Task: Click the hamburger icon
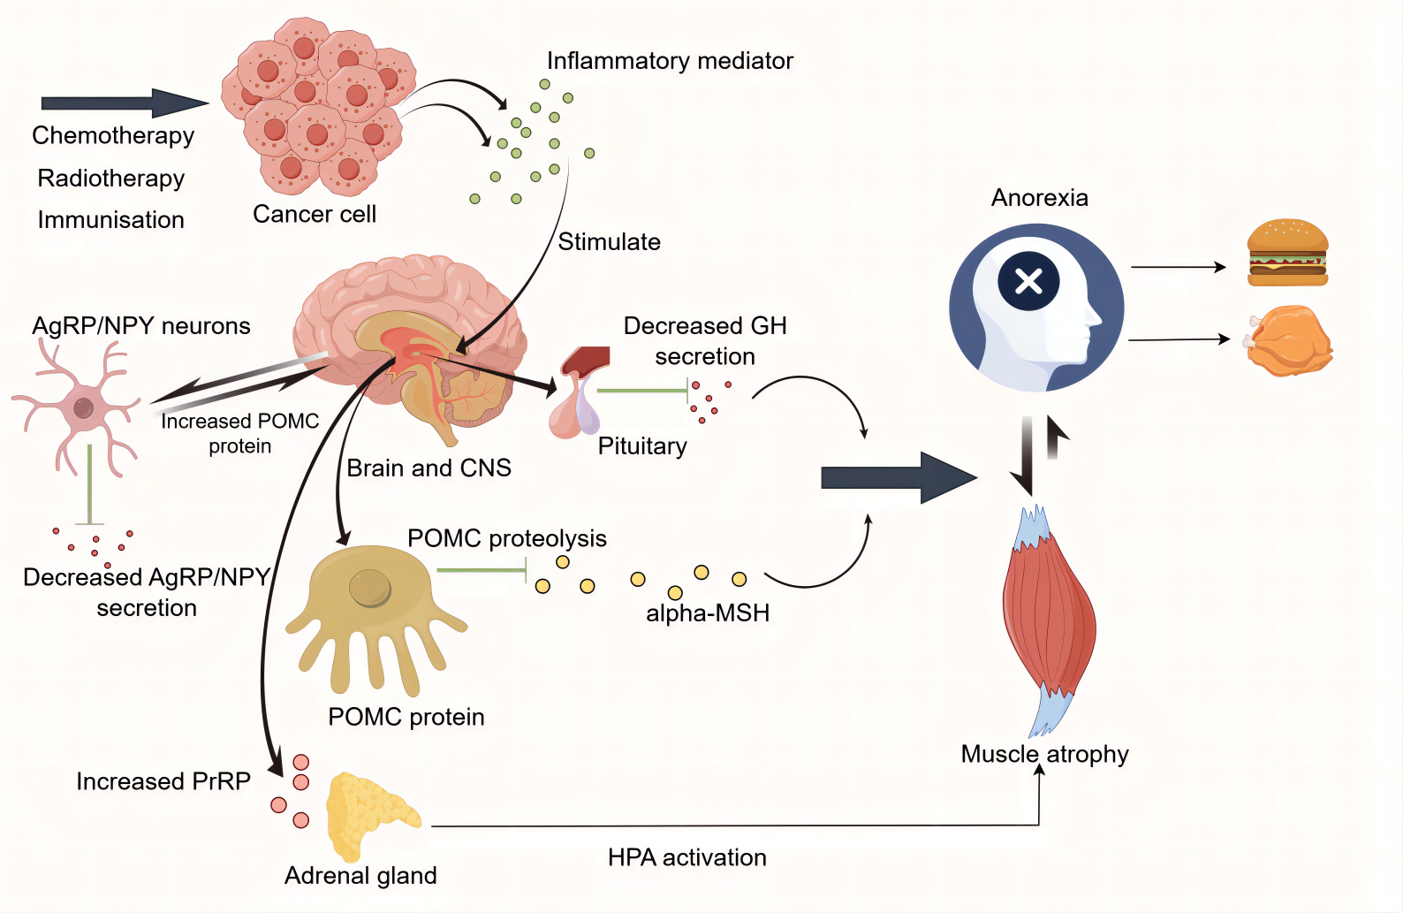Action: [x=1287, y=253]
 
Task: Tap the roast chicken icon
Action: [x=1289, y=341]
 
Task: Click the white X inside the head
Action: [x=1028, y=281]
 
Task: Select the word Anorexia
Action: [x=1039, y=197]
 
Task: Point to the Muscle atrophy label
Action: [x=1044, y=754]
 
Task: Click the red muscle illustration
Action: [x=1050, y=619]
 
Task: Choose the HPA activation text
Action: [x=686, y=857]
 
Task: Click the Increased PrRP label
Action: [x=163, y=781]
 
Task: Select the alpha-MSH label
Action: [x=708, y=612]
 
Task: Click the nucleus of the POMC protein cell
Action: [x=369, y=587]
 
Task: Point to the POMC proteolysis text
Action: [x=506, y=538]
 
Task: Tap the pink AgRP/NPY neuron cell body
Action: [x=83, y=407]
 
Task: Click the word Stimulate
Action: [x=609, y=241]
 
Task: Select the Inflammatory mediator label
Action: [x=670, y=60]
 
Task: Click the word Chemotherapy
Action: [x=113, y=135]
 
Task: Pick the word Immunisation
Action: [x=110, y=219]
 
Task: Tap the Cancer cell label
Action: [x=315, y=214]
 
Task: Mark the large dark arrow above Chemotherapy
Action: [x=124, y=103]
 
